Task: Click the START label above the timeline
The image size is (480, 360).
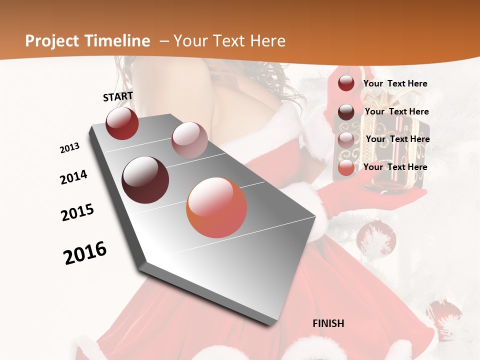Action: pos(118,96)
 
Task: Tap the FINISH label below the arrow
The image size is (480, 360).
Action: pos(328,323)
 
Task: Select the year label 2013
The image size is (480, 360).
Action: pos(69,148)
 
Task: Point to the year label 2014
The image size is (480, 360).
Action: pos(73,177)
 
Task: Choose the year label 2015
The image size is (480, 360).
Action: pos(77,212)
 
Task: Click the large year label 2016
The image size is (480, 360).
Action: pos(85,253)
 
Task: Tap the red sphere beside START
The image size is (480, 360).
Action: pos(122,123)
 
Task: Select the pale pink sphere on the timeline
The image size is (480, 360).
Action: pos(189,140)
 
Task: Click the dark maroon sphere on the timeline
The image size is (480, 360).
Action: pos(145,180)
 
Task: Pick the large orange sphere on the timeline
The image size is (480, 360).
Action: pos(216,207)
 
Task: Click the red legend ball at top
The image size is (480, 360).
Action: pos(346,83)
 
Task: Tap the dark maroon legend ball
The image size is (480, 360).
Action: pos(346,111)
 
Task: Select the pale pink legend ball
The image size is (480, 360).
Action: pos(346,139)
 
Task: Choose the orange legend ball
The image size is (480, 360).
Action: pos(346,168)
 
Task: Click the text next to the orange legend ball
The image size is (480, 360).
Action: pos(395,167)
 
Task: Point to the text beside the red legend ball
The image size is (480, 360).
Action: pos(395,83)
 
